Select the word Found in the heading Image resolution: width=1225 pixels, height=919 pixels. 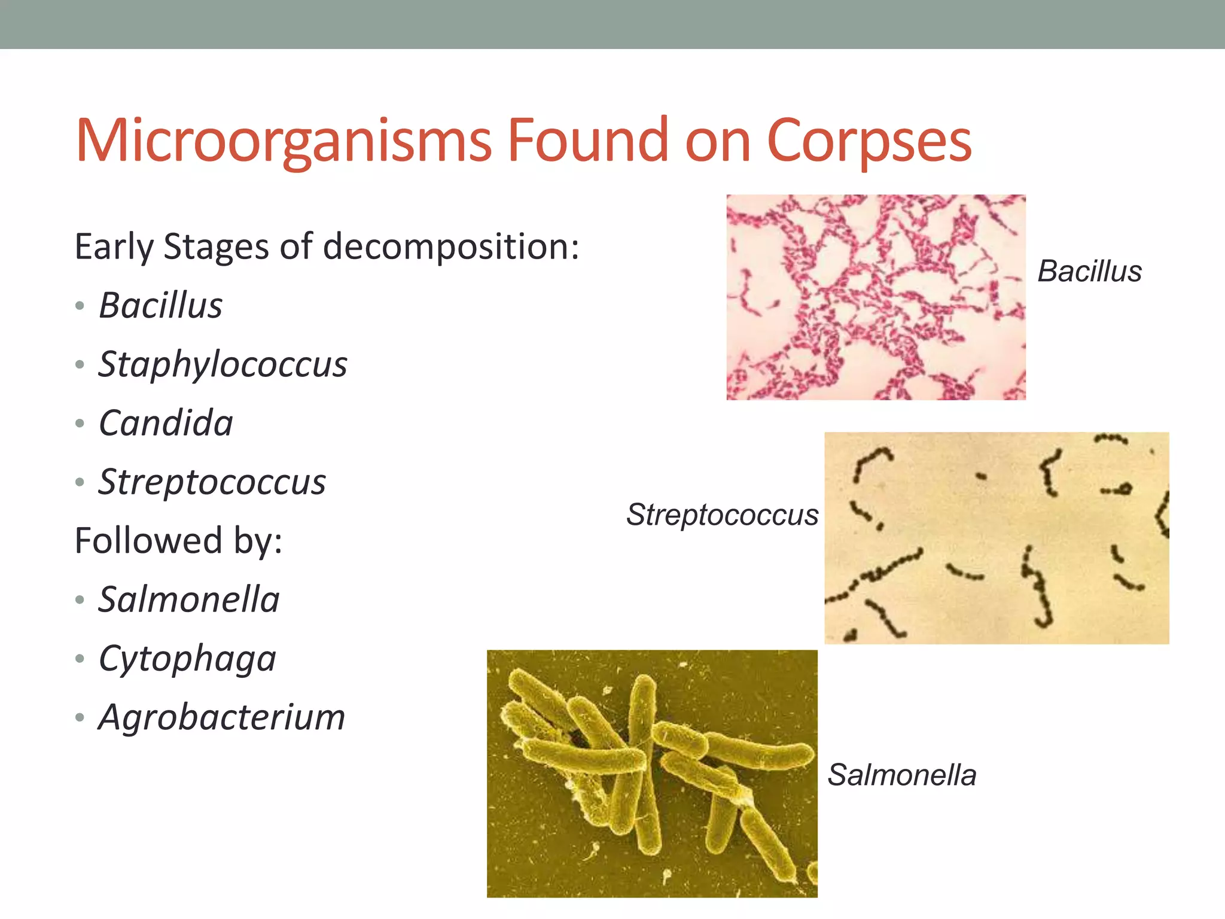pos(587,141)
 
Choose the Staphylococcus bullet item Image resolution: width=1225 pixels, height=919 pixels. pos(223,364)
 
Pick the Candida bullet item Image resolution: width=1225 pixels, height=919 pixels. pos(166,423)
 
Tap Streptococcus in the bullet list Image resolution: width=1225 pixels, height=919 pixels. pos(212,482)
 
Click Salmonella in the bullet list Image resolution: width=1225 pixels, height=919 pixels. pos(188,600)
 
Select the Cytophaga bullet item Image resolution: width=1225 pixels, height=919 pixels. pos(187,659)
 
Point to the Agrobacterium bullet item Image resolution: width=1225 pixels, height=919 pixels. pos(222,717)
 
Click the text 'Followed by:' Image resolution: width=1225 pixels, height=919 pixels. pos(178,540)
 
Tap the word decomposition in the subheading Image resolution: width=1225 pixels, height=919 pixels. pos(451,247)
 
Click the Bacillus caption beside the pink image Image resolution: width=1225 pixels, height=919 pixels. pos(1089,271)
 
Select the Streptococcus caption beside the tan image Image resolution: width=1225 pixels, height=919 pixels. pos(722,515)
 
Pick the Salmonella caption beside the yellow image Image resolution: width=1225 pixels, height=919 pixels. pos(901,775)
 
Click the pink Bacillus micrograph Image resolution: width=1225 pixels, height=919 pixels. pos(876,297)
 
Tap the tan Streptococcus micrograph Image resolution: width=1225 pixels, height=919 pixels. pos(997,537)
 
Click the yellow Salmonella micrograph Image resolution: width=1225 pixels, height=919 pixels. pos(652,773)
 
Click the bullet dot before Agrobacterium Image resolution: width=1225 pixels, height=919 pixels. pos(80,717)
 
